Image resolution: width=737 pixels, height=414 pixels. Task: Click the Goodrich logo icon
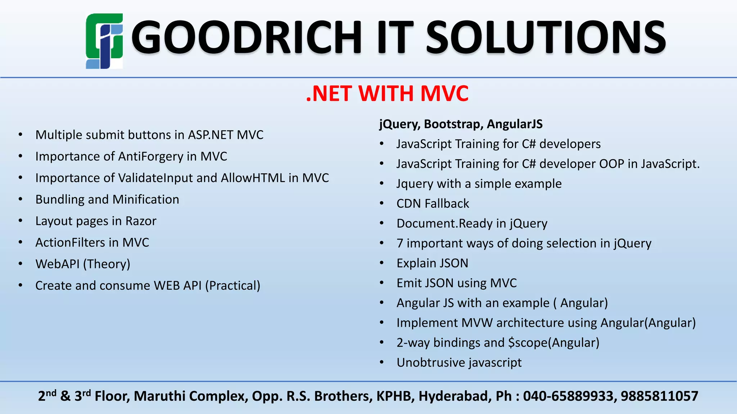click(104, 41)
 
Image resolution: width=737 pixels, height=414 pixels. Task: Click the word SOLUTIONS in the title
click(546, 37)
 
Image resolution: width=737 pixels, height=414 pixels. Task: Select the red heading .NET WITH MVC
click(387, 93)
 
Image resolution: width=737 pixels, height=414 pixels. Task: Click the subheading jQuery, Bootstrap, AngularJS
click(461, 124)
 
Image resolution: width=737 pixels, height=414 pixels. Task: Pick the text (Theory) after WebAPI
click(107, 264)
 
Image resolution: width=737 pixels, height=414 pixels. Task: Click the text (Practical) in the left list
click(232, 286)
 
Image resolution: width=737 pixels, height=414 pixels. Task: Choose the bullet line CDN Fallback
click(433, 204)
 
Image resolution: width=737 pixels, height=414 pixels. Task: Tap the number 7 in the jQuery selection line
click(400, 244)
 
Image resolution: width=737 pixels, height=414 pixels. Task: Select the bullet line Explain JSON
click(432, 263)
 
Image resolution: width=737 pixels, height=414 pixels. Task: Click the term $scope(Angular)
click(553, 343)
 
